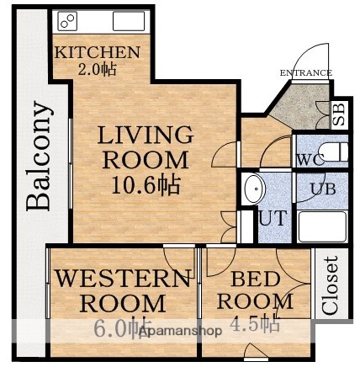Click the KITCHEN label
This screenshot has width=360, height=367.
click(97, 52)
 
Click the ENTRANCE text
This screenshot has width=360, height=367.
click(306, 72)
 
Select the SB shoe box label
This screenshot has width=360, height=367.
click(338, 115)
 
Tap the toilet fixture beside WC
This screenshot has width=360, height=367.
click(334, 152)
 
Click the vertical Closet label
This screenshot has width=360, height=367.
click(331, 285)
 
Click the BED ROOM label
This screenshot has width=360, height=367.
click(250, 290)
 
